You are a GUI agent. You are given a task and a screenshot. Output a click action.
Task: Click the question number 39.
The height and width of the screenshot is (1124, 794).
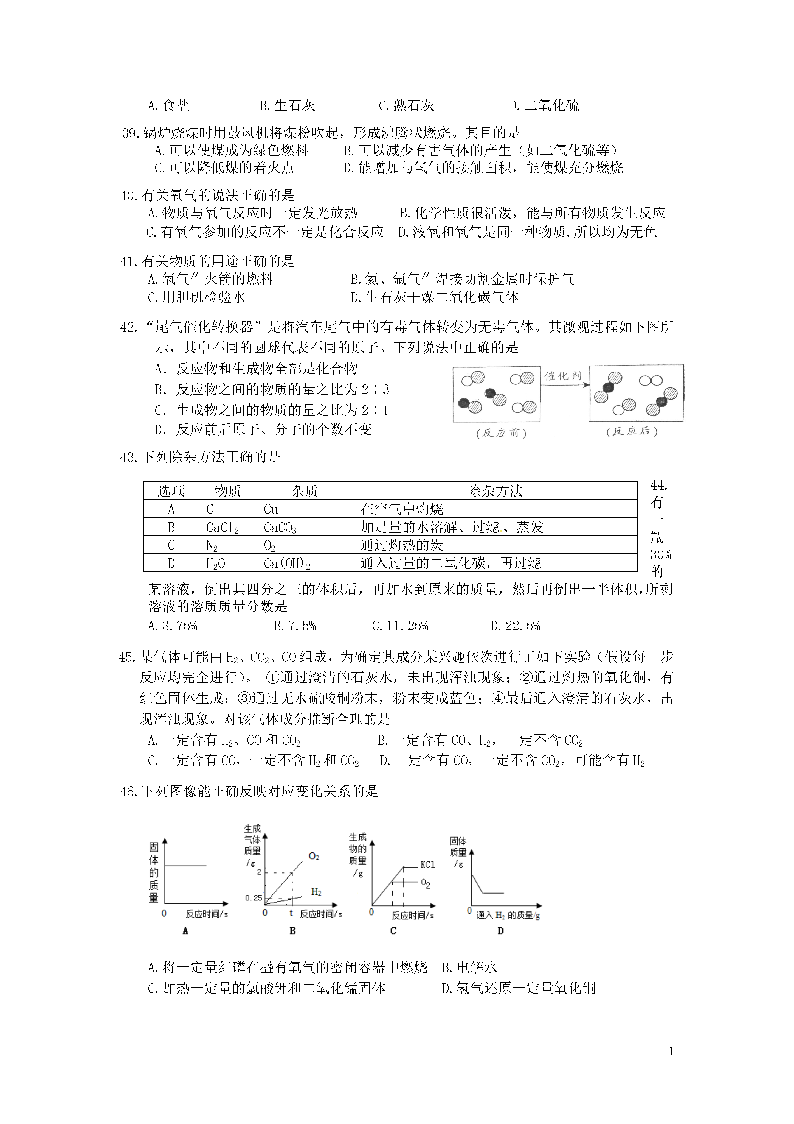[x=131, y=133]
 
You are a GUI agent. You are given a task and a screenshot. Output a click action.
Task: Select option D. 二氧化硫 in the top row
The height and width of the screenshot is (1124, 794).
[x=544, y=105]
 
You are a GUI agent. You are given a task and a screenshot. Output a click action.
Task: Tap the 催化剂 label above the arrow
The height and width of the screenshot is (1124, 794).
[x=563, y=376]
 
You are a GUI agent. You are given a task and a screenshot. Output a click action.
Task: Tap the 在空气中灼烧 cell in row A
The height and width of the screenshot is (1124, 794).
[x=402, y=509]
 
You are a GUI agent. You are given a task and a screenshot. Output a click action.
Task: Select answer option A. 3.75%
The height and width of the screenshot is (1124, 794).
[x=172, y=626]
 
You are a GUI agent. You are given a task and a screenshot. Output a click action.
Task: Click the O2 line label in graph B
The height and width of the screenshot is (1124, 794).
[x=314, y=856]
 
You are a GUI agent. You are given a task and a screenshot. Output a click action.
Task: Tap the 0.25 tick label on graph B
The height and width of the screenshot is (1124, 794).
[x=254, y=898]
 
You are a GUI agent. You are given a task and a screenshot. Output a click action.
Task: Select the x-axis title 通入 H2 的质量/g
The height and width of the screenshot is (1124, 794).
[x=507, y=915]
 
